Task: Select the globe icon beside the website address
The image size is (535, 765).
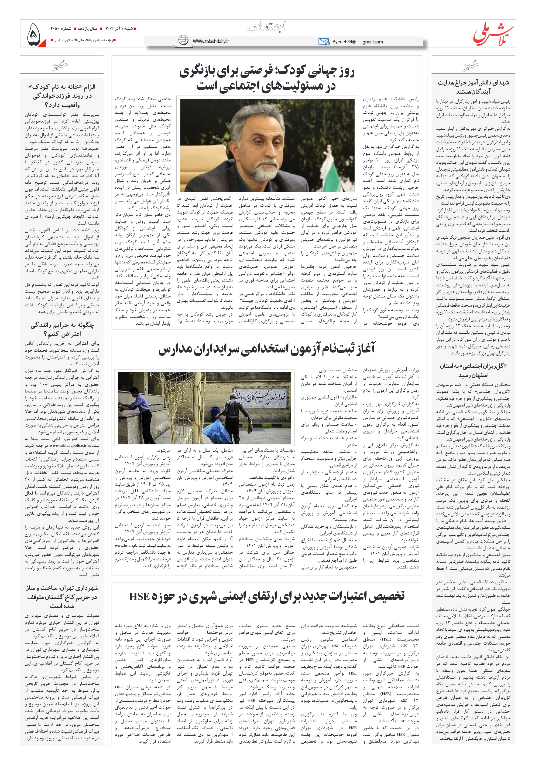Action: pyautogui.click(x=183, y=40)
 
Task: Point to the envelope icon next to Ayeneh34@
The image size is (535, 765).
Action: pyautogui.click(x=323, y=42)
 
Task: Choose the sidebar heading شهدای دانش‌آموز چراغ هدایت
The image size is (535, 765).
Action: pyautogui.click(x=473, y=87)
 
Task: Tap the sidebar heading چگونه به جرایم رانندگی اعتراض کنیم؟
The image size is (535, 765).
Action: pyautogui.click(x=62, y=329)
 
